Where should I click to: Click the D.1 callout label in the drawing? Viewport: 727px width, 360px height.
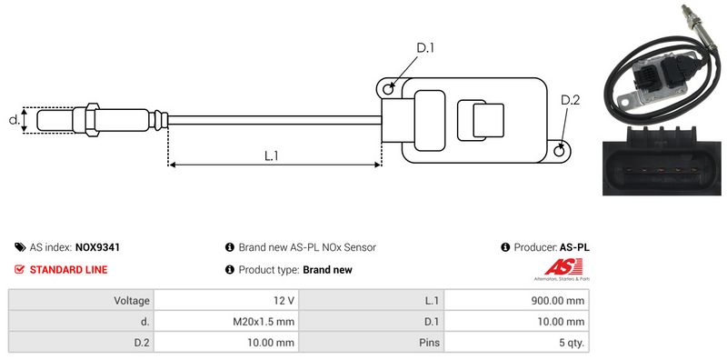[424, 48]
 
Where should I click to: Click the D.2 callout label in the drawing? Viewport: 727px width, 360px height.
[571, 100]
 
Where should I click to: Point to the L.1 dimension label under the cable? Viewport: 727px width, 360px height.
[271, 155]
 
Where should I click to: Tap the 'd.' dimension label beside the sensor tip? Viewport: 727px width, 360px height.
[15, 120]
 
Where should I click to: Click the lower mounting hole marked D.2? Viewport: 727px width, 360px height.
[560, 150]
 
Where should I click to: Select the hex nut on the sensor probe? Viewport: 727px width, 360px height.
[92, 120]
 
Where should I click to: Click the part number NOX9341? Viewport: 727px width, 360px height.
[97, 247]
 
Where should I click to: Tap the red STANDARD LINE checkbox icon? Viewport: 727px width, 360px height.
[19, 269]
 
